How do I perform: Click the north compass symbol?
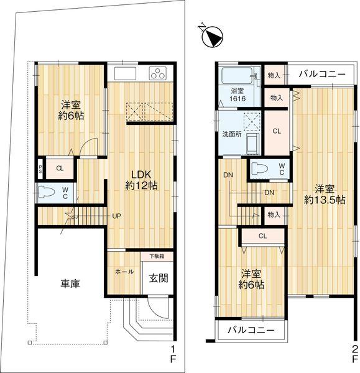click(x=212, y=37)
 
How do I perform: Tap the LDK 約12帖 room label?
click(x=141, y=180)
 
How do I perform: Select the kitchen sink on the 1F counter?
click(x=125, y=73)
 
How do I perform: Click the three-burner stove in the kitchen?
click(x=158, y=73)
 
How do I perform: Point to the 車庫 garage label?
click(x=70, y=283)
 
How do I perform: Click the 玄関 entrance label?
click(x=159, y=278)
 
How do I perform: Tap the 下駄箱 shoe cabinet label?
click(x=157, y=256)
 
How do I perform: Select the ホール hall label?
click(x=124, y=272)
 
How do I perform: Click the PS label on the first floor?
click(x=40, y=169)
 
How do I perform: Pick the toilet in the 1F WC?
click(x=46, y=191)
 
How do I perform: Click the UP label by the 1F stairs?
click(x=117, y=216)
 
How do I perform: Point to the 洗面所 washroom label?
click(x=232, y=134)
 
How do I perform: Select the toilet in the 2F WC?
click(x=260, y=168)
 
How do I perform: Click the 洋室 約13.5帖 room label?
click(x=325, y=195)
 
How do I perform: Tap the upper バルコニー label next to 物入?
click(x=322, y=74)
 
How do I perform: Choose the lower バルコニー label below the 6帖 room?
click(x=251, y=330)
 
